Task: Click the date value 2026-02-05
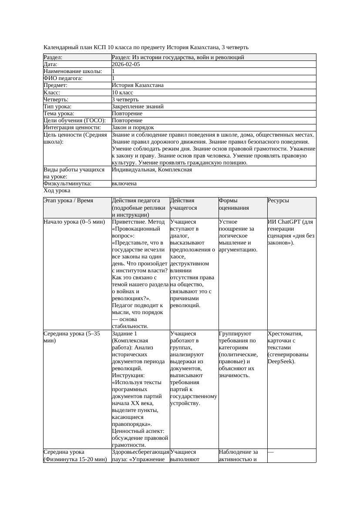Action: (x=126, y=64)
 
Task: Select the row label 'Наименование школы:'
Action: (x=73, y=71)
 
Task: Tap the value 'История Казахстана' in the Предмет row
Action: (x=138, y=85)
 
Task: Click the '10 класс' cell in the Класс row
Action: (x=122, y=93)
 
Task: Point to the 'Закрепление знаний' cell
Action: (x=138, y=107)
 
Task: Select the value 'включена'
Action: (x=124, y=184)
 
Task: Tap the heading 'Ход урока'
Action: (x=57, y=191)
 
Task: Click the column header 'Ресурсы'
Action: (x=278, y=201)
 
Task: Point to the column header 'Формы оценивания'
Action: (x=234, y=204)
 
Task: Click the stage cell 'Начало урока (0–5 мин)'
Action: (x=74, y=222)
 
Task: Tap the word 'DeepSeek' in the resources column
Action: (x=281, y=361)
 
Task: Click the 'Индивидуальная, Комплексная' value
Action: (x=152, y=170)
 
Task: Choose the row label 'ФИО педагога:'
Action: (x=63, y=78)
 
